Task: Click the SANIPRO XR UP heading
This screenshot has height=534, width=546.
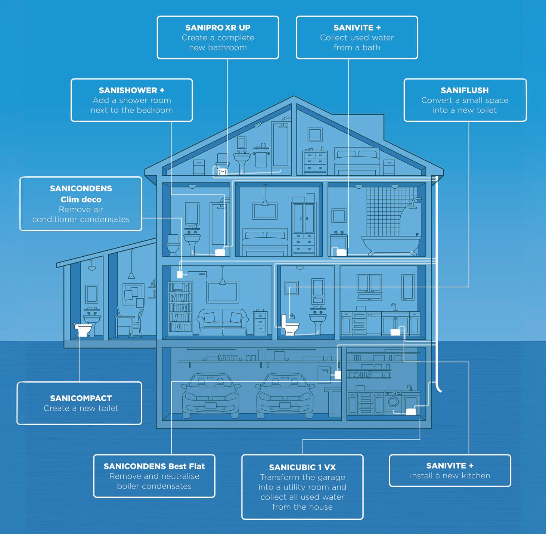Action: pos(218,28)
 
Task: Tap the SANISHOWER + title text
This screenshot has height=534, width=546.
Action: pos(131,90)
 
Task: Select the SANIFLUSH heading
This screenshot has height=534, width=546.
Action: pos(465,90)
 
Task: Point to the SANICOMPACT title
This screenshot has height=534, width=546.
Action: pos(81,398)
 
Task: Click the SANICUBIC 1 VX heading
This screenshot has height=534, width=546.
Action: pos(302,467)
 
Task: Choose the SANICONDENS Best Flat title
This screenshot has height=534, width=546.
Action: pos(154,466)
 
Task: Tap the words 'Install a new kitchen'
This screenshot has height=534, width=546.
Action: pos(450,476)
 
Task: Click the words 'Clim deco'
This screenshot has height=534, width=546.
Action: pos(81,200)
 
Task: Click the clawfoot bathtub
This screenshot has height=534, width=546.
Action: pos(390,243)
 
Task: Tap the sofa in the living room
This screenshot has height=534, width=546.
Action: pos(223,322)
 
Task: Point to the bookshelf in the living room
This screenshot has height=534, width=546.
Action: pos(180,307)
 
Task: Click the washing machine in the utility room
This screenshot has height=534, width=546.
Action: pos(393,402)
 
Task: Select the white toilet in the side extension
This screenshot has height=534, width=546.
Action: pos(83,329)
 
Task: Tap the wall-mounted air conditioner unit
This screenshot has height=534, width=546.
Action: pos(197,275)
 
